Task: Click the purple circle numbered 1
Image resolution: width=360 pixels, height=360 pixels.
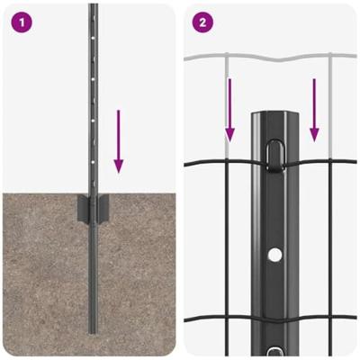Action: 22,22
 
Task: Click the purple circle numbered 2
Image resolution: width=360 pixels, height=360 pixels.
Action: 202,22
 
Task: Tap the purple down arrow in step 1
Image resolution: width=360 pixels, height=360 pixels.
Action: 119,141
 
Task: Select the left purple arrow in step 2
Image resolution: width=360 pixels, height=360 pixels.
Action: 229,110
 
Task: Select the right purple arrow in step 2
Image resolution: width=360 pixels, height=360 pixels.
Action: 314,110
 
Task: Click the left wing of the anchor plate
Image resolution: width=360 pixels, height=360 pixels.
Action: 84,209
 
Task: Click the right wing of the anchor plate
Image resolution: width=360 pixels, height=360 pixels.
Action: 103,208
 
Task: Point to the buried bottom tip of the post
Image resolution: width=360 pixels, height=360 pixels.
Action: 94,332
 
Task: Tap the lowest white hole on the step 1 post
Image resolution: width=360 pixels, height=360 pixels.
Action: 93,162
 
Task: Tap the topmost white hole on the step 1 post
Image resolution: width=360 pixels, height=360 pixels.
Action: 94,39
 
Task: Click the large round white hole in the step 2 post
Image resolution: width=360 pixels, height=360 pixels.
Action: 274,256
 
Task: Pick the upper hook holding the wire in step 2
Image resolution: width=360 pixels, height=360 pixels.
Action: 274,156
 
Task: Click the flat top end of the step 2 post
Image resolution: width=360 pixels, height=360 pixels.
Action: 274,113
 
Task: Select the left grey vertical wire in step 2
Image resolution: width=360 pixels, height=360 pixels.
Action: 227,106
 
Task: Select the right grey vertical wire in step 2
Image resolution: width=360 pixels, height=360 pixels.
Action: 330,106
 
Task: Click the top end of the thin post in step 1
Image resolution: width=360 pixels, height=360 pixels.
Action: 94,4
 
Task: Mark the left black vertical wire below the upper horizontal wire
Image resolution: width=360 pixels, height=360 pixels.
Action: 227,259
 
